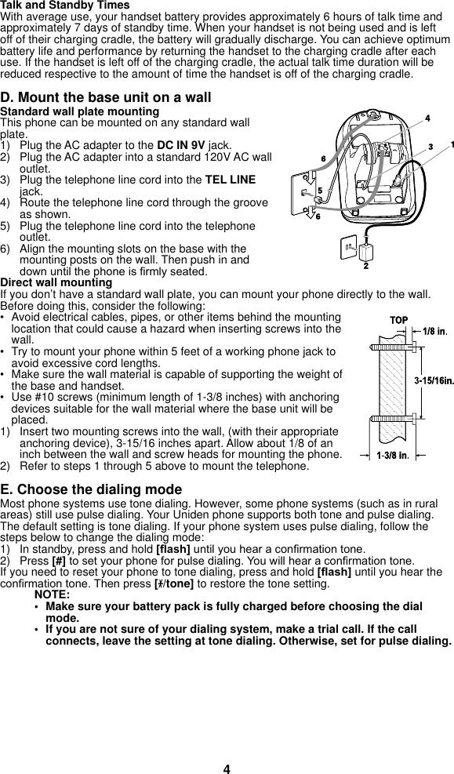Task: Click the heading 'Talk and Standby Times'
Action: coord(65,5)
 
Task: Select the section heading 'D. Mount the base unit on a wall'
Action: coord(106,98)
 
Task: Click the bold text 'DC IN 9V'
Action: coord(182,146)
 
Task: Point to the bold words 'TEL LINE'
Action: coord(230,180)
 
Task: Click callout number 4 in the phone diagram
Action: coord(427,118)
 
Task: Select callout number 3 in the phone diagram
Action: coord(430,147)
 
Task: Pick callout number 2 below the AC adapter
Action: coord(366,267)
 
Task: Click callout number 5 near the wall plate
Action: coord(319,191)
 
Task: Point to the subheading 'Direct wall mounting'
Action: coord(56,282)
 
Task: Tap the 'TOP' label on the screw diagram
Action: coord(398,321)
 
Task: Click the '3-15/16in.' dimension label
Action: coord(434,380)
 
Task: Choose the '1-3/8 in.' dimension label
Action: coord(392,455)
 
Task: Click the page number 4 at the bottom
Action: coord(227,769)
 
